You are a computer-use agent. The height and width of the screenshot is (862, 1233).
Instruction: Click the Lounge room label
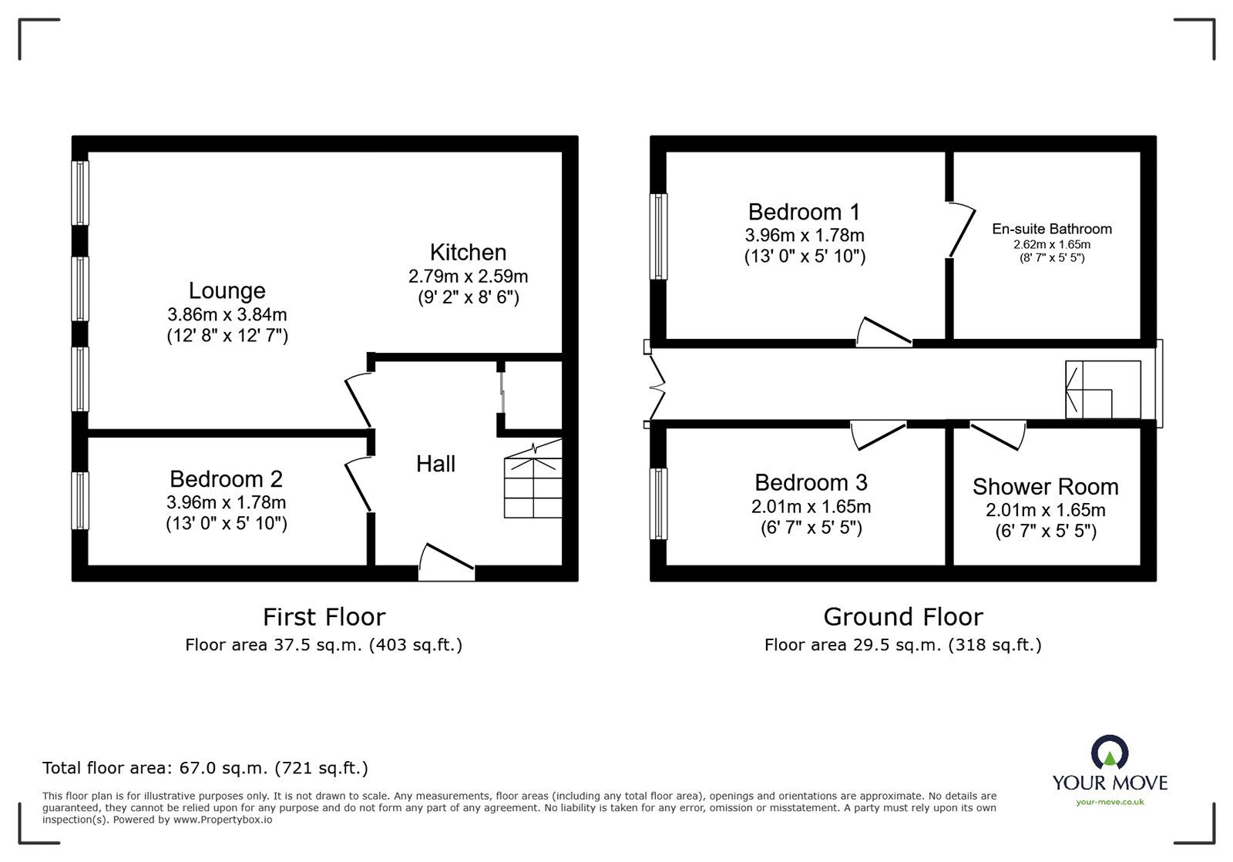pos(227,290)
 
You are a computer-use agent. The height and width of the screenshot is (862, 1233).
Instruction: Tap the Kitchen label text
pos(468,253)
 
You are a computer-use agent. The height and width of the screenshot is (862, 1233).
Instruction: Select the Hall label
pos(435,464)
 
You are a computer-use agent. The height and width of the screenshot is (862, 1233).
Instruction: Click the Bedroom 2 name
pos(226,479)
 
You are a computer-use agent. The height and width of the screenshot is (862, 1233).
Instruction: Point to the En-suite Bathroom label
pos(1052,229)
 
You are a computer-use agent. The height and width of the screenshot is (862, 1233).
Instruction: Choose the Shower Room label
pos(1045,487)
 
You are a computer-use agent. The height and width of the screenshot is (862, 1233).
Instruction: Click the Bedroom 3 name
pos(811,483)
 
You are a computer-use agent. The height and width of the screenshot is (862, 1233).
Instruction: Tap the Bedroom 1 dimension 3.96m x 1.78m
pos(805,235)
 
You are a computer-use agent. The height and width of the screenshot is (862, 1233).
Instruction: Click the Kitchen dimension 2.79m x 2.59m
pos(468,276)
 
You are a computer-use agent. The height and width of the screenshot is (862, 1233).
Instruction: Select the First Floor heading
pos(324,617)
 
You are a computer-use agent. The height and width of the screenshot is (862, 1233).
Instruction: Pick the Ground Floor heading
pos(903,617)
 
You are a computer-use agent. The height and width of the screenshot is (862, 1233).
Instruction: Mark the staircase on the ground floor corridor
pos(1102,390)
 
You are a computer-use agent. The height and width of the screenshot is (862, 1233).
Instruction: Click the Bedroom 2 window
pos(80,501)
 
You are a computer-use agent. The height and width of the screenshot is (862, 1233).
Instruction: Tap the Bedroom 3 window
pos(659,504)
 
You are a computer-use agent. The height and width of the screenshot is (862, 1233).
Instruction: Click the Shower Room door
pos(998,433)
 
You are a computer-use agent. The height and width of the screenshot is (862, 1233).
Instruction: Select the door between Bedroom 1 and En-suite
pos(958,230)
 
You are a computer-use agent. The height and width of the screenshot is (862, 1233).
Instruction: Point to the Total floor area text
pos(205,768)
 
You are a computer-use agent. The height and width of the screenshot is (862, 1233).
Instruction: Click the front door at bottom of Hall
pos(447,562)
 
